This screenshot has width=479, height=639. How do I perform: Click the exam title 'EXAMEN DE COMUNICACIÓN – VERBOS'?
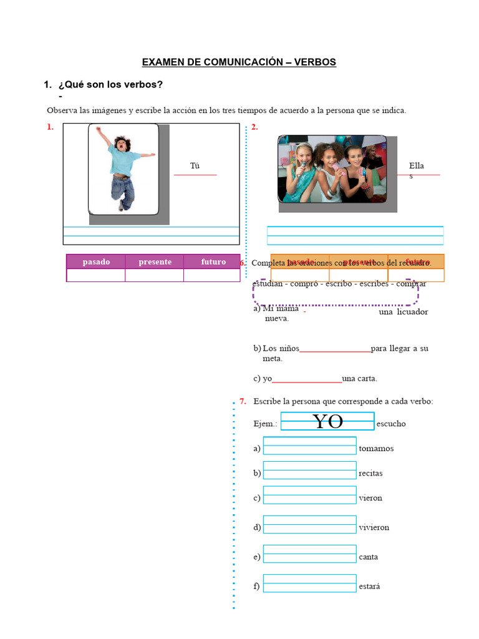tap(239, 62)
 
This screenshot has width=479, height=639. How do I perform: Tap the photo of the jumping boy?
tap(123, 168)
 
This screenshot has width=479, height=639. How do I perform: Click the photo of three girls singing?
tap(332, 170)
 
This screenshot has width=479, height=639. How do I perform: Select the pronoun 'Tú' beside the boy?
tap(195, 166)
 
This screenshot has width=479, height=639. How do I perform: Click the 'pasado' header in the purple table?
tap(96, 262)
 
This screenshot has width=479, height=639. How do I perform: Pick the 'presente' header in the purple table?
tap(155, 262)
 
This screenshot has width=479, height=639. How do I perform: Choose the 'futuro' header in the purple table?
tap(213, 262)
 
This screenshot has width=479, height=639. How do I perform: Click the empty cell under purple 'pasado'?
tap(96, 276)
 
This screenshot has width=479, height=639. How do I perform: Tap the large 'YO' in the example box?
tap(327, 422)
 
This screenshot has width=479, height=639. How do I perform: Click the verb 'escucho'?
tap(391, 424)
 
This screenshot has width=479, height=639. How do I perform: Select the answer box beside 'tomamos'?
tap(309, 446)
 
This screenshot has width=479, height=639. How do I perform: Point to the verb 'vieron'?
tap(370, 498)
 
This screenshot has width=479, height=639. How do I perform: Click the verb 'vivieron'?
tap(374, 527)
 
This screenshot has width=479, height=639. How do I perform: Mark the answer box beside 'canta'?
tap(309, 554)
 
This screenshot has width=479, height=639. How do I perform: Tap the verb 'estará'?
tap(369, 587)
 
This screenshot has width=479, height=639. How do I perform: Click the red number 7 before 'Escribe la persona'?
tap(243, 401)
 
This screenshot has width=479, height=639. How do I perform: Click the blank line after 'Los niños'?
tap(335, 349)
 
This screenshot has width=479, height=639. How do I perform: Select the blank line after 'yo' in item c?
tap(307, 379)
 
